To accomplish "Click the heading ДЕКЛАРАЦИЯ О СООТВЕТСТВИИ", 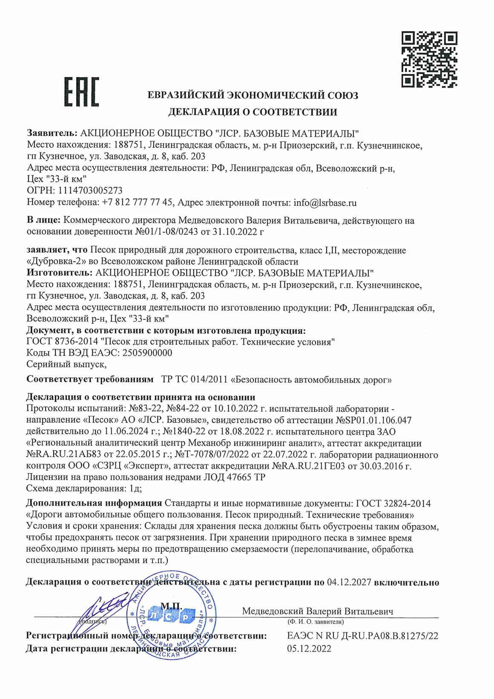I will [x=253, y=112].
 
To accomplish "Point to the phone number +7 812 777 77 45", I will [x=138, y=203].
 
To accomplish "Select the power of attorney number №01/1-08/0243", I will [x=171, y=232].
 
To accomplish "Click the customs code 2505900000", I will [x=147, y=353].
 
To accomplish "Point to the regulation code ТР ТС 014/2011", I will [x=194, y=379].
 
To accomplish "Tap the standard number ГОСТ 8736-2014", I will [x=61, y=342].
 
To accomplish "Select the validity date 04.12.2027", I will [x=349, y=582].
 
